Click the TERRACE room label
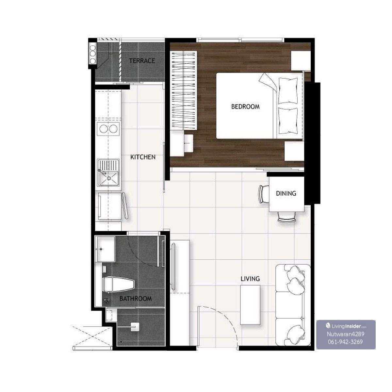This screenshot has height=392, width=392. point(142,61)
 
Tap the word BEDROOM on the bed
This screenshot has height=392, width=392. point(245,106)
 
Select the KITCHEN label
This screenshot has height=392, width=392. point(143,157)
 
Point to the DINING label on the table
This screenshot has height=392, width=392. point(286,193)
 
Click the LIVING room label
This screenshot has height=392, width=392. point(250,279)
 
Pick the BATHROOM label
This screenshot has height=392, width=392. point(136,299)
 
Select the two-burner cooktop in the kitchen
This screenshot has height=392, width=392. point(108,129)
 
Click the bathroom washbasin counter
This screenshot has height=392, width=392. point(106,249)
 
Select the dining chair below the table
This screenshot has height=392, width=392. point(286,217)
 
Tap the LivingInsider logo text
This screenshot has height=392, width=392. point(346,326)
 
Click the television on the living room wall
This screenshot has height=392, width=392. point(173,267)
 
